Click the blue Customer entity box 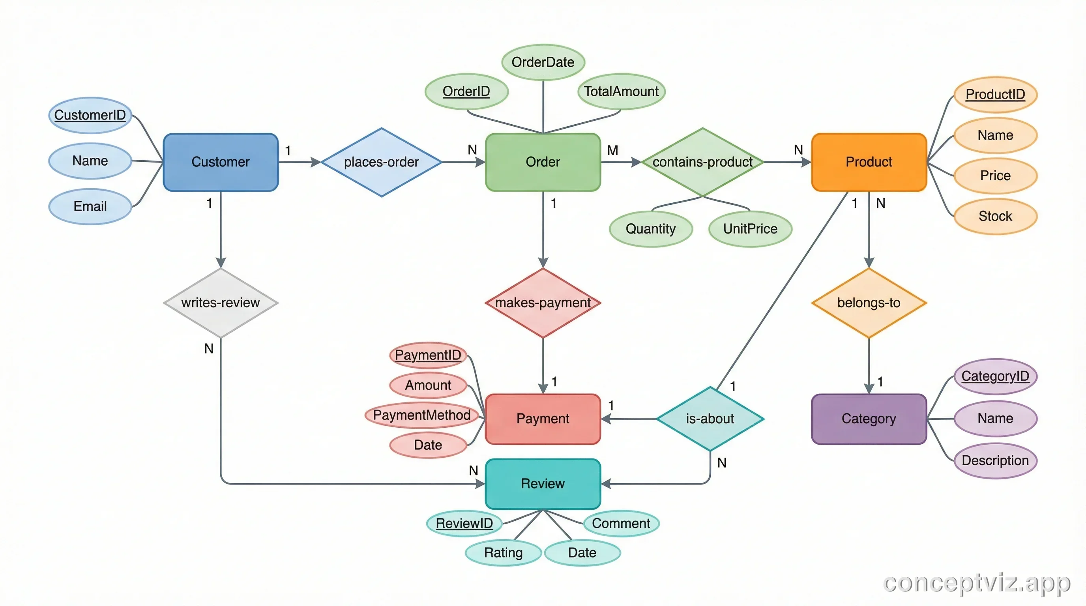click(221, 162)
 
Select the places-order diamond click(381, 162)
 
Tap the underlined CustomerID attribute click(90, 115)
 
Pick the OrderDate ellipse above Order click(543, 62)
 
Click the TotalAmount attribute click(621, 91)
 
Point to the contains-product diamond click(702, 162)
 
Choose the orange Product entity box click(869, 162)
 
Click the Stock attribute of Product click(995, 216)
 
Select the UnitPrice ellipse click(750, 229)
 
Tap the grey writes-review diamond click(221, 303)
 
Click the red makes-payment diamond click(543, 303)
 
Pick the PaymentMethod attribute click(421, 415)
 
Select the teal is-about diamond click(710, 419)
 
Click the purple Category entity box click(869, 419)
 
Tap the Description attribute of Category click(995, 460)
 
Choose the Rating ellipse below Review click(503, 552)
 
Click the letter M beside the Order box click(612, 150)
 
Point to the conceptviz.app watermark click(976, 583)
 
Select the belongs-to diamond click(869, 303)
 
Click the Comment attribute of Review click(621, 524)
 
